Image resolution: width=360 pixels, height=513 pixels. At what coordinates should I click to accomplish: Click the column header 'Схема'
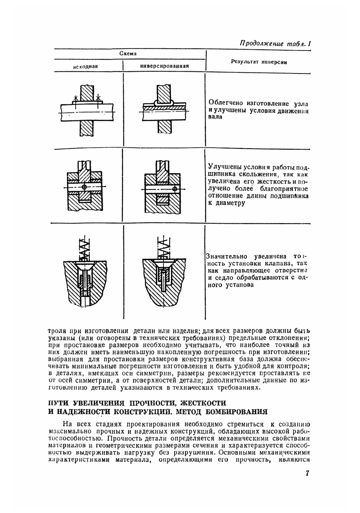128,54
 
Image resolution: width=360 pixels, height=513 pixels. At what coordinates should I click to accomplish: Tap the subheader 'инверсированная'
164,66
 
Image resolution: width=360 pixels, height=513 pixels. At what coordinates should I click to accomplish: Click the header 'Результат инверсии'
258,62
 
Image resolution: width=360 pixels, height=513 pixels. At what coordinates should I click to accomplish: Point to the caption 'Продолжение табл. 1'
275,44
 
